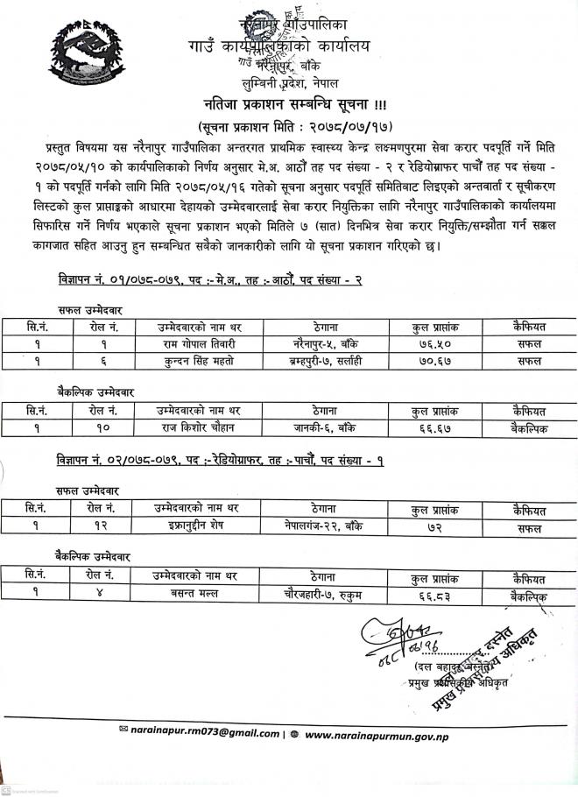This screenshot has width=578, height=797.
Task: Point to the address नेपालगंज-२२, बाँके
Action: point(324,526)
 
